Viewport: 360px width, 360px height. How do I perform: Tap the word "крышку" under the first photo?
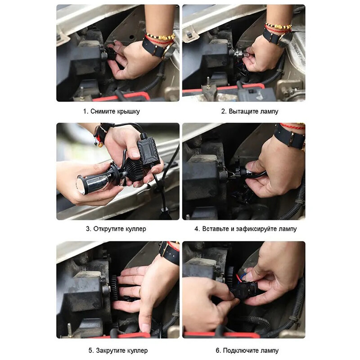coord(128,111)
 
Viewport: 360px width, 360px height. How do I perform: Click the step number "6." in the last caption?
coord(218,351)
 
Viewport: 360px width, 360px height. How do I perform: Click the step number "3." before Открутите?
coord(89,229)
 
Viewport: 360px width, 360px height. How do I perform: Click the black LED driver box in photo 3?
coord(148,152)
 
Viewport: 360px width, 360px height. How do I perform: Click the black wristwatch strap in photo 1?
coord(153,48)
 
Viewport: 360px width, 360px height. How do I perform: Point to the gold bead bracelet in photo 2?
coord(279,26)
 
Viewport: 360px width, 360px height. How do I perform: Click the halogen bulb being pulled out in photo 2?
coord(239,54)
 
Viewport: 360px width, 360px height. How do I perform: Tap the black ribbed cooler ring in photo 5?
coord(114,288)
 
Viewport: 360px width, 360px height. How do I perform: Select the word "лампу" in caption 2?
coord(269,111)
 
